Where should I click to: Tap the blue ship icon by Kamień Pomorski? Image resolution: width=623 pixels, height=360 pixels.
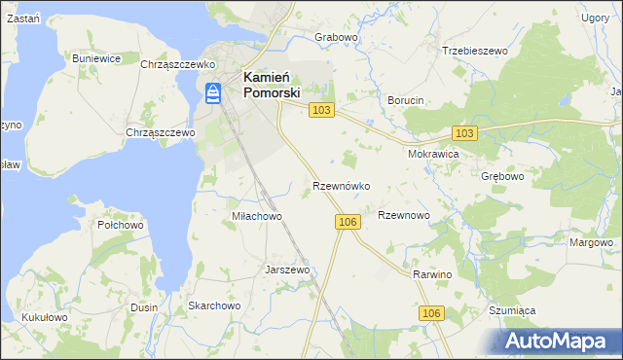click(x=213, y=92)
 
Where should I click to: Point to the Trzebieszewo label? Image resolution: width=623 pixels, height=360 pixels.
click(x=476, y=51)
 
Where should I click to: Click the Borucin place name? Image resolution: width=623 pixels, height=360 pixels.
click(x=405, y=101)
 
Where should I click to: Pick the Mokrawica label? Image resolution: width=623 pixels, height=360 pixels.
click(x=433, y=154)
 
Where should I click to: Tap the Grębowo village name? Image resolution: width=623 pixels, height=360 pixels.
click(x=502, y=177)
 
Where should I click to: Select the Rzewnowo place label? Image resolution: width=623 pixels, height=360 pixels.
click(x=403, y=215)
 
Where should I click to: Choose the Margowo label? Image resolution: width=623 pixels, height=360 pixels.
click(x=591, y=242)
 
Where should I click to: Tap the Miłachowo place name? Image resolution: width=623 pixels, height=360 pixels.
click(x=256, y=216)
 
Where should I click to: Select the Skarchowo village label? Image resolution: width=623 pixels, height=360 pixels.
click(x=214, y=306)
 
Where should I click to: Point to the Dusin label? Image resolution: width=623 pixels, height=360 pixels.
click(x=144, y=306)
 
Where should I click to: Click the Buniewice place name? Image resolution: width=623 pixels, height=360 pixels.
click(x=96, y=58)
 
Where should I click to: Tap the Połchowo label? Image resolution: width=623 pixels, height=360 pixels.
click(x=121, y=225)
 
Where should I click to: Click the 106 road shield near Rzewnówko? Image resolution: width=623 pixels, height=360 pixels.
click(x=349, y=223)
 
